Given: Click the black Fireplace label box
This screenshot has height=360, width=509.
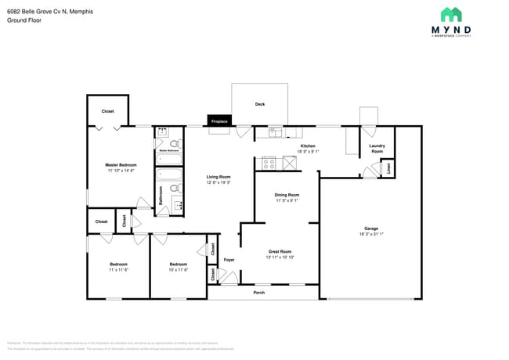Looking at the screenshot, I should coord(219,121).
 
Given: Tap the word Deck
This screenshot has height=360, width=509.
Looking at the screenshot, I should coord(260,104).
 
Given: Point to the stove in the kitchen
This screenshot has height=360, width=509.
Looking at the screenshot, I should coord(269,164).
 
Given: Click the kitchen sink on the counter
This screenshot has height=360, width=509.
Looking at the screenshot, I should coord(275,132).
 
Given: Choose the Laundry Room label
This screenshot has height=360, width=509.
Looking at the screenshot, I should coord(377,149).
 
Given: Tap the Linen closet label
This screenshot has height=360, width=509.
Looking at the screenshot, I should coord(389,168).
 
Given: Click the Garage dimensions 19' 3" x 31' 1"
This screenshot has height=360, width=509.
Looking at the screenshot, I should coord(371,233).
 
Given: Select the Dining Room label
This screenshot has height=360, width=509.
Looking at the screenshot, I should coord(287,195).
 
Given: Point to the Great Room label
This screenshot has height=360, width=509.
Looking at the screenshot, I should coord(280,251).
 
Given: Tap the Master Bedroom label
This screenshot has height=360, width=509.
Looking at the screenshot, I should coord(121,165).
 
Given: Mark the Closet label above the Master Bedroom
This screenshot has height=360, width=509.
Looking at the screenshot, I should coord(108,111).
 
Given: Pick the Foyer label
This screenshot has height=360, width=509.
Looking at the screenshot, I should coord(229,259).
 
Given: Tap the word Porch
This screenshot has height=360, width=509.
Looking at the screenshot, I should coord(259,293).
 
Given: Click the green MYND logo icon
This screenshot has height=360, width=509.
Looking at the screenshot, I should coord(451,15).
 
